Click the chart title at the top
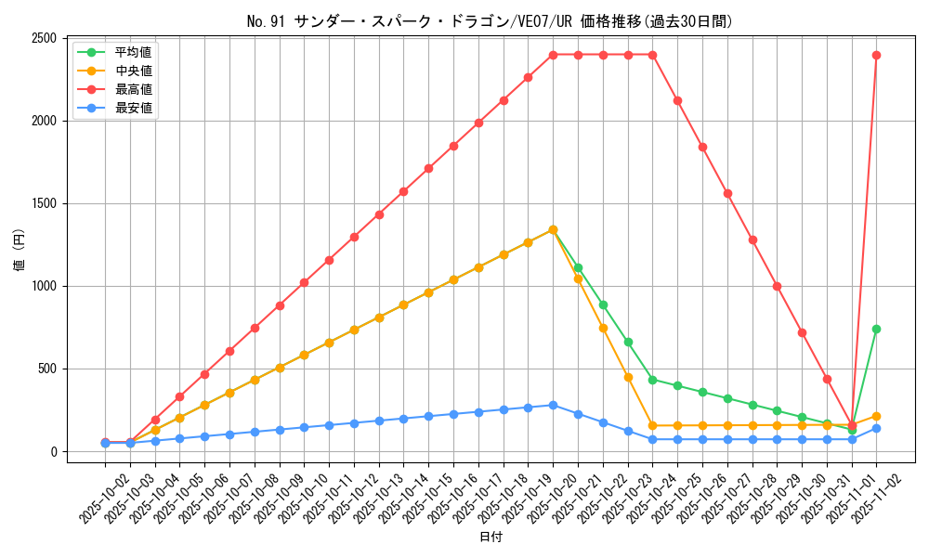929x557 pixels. pos(490,21)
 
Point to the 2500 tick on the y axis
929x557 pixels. pos(44,38)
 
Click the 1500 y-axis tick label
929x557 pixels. pos(44,203)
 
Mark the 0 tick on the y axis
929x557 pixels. pos(54,452)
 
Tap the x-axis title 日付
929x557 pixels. pos(491,538)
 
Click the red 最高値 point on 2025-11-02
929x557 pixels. pos(876,55)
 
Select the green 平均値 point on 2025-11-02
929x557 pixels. pos(876,329)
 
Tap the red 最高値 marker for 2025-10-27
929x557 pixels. pos(727,193)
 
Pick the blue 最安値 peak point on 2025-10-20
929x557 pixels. pos(553,405)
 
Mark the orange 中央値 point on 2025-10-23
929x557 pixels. pos(628,377)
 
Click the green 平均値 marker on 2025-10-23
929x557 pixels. pos(628,342)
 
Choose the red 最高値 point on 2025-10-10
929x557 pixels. pos(304,282)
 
